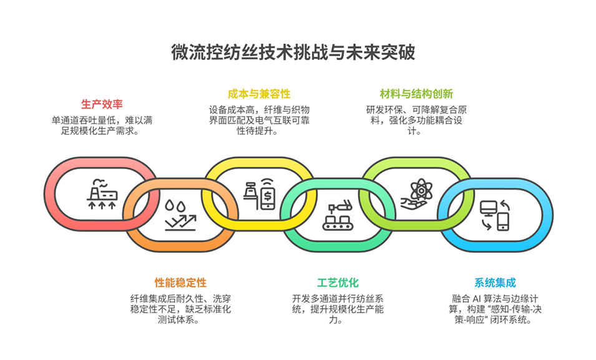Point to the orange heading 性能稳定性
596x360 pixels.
[180, 283]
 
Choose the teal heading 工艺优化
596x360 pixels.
[338, 283]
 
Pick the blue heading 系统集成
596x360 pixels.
[495, 283]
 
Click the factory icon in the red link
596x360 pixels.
[101, 193]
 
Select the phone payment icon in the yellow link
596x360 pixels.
[259, 193]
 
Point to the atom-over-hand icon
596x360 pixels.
[416, 193]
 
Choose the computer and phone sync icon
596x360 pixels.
[494, 215]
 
